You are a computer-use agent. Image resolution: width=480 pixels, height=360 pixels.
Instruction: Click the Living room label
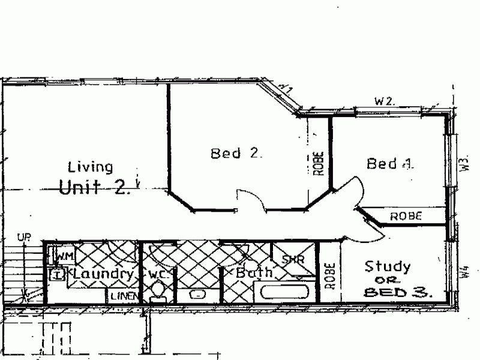point(90,167)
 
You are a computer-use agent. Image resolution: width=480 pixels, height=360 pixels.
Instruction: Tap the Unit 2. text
point(94,187)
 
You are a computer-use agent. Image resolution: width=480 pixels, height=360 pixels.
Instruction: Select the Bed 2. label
point(236,154)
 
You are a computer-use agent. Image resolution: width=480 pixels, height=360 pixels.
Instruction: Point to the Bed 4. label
point(390,163)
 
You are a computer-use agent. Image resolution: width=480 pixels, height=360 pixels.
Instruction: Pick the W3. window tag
point(464,163)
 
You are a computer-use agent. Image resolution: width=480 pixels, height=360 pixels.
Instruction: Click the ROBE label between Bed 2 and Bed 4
point(319,163)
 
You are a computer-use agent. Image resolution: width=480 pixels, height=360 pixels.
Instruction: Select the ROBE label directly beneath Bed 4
point(406,216)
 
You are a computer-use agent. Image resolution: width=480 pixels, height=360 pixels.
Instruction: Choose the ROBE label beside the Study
point(329,275)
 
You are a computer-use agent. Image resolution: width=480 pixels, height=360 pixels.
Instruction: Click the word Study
point(388,266)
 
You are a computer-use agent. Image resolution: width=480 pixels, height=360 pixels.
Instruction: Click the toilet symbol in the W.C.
point(158,292)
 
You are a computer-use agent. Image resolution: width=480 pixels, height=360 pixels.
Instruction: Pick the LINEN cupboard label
point(124,296)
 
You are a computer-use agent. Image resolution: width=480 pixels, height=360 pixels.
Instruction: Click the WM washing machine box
point(64,256)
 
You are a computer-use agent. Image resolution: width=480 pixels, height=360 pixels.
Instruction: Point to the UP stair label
point(24,239)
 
